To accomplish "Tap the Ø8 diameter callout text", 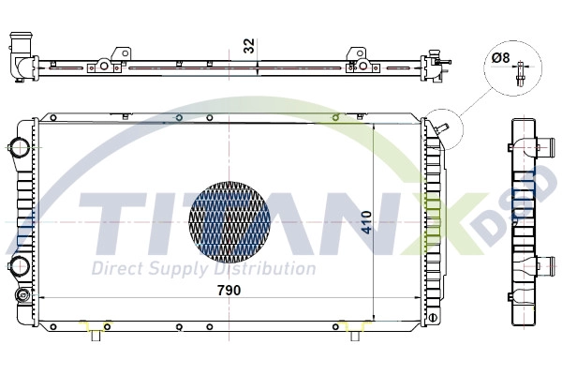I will point(501,58).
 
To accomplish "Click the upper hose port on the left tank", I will point(17,147).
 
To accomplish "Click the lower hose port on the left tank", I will point(17,268).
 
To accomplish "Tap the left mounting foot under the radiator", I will point(96,332).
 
